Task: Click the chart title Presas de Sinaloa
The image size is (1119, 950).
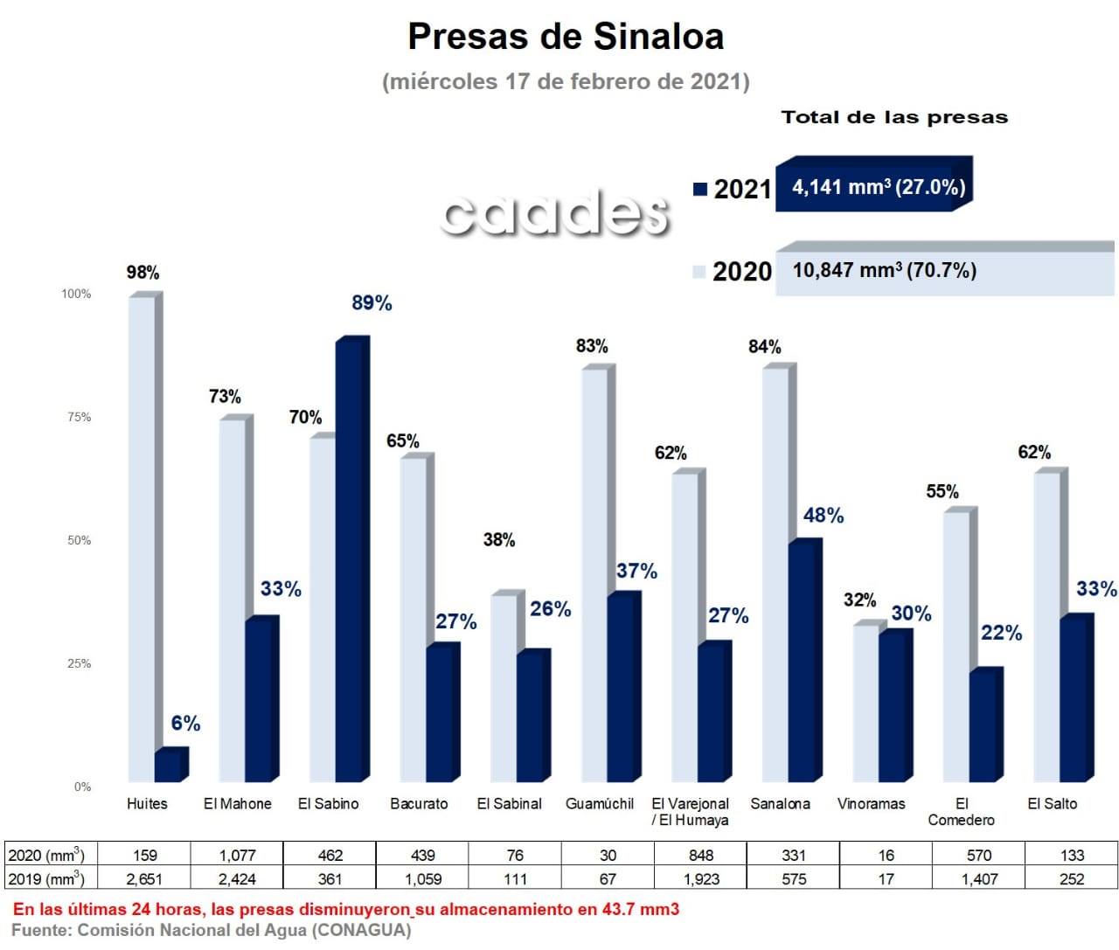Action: pyautogui.click(x=566, y=37)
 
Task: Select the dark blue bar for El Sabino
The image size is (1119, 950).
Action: pyautogui.click(x=350, y=559)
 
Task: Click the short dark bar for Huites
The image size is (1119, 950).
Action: pyautogui.click(x=169, y=766)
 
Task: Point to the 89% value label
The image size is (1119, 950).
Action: pyautogui.click(x=372, y=303)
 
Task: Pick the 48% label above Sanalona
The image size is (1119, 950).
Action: pyautogui.click(x=824, y=516)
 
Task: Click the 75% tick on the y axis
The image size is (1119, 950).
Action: pyautogui.click(x=79, y=417)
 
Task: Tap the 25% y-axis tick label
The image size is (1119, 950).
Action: pyautogui.click(x=79, y=663)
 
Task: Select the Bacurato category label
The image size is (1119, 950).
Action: pyautogui.click(x=419, y=804)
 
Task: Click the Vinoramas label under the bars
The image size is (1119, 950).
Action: pyautogui.click(x=871, y=804)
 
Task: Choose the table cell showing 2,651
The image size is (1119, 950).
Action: pyautogui.click(x=145, y=879)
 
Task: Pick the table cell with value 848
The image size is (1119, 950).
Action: pyautogui.click(x=701, y=856)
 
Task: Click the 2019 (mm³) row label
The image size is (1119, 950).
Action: pyautogui.click(x=47, y=879)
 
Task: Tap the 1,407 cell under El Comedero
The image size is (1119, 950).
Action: pyautogui.click(x=979, y=879)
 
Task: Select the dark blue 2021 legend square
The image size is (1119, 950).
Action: pyautogui.click(x=699, y=189)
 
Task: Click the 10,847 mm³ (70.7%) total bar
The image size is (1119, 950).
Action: pyautogui.click(x=944, y=271)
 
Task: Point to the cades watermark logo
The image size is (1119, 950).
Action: pyautogui.click(x=555, y=212)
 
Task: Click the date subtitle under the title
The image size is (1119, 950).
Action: pyautogui.click(x=566, y=81)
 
